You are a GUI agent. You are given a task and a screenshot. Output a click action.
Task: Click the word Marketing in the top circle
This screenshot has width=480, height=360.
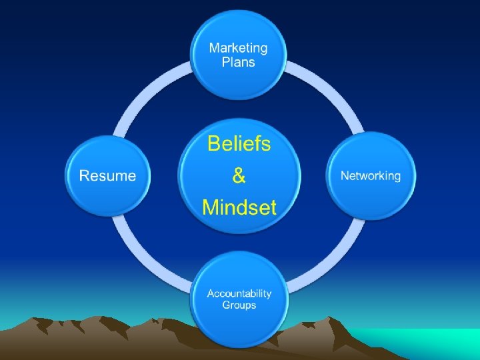pos(238,48)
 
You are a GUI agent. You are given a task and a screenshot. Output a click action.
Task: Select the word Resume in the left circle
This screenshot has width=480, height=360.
pos(107,176)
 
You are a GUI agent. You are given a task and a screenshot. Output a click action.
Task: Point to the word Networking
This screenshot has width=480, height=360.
pos(371,176)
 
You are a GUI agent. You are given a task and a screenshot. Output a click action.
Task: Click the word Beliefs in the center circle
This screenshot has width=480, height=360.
pos(239,144)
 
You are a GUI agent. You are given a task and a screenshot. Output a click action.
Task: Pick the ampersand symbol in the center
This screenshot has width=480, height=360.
pos(239,176)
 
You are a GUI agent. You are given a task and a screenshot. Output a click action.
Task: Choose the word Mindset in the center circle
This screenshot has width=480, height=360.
pos(239,207)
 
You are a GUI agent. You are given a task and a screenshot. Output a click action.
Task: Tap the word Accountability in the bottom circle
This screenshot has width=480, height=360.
pos(239,293)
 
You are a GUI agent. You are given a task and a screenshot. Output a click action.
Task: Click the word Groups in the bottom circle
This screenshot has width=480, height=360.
pos(239,305)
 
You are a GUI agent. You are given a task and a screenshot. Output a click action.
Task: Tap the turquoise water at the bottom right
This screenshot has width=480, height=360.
pos(433,343)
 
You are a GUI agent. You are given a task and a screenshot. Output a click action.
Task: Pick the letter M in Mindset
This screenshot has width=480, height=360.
pos(211,207)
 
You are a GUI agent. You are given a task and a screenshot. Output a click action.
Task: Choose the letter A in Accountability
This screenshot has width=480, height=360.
pos(211,293)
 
